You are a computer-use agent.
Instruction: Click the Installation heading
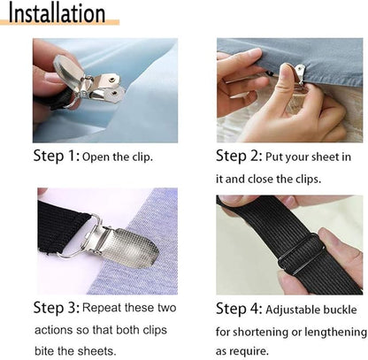point(57,13)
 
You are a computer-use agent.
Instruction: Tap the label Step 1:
point(57,156)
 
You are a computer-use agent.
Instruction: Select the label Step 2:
point(239,156)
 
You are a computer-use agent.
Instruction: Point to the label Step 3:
point(57,308)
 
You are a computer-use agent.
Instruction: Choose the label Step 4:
point(239,309)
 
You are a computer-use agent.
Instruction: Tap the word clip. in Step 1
point(142,157)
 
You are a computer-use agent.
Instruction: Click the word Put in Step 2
point(274,157)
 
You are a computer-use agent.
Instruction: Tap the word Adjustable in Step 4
point(292,310)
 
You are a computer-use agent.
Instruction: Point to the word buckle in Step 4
point(340,310)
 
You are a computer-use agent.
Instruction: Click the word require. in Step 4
point(250,351)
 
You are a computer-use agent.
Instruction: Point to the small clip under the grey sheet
point(300,74)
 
